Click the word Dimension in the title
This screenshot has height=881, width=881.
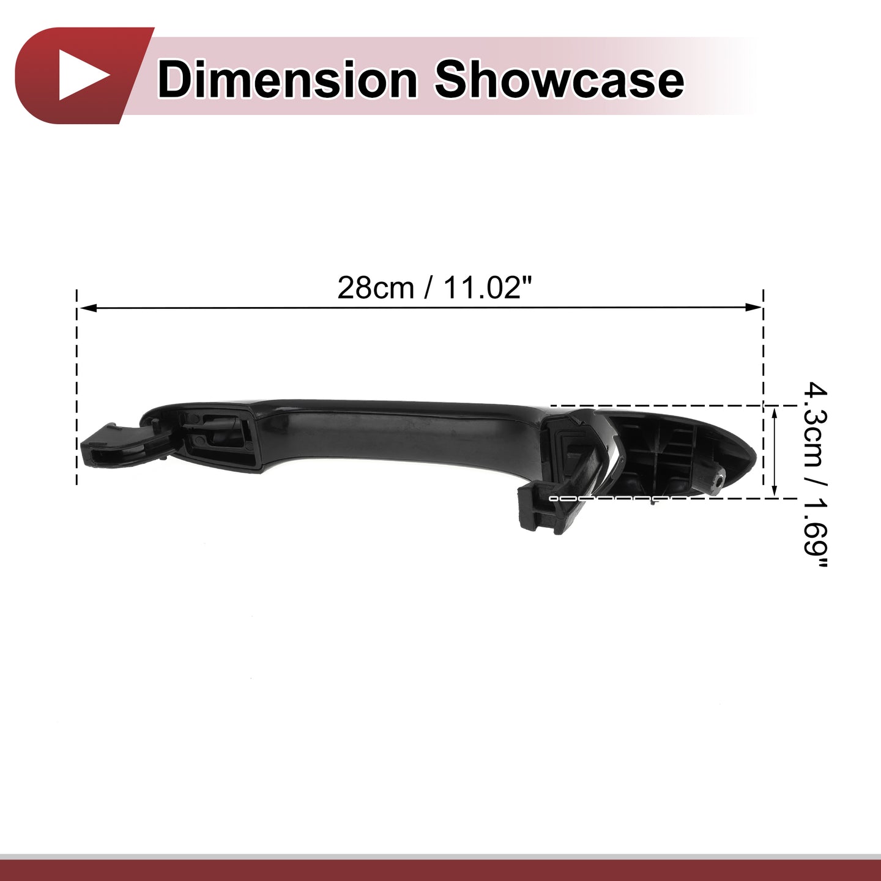[x=287, y=80]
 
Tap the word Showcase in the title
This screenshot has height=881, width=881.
[x=559, y=80]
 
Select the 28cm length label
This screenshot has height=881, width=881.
[x=376, y=288]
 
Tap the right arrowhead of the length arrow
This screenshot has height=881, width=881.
[x=753, y=307]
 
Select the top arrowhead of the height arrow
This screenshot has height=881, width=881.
[x=774, y=414]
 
